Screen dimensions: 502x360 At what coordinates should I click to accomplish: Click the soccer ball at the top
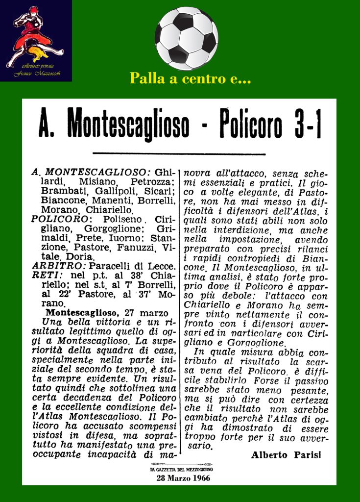tap(186, 38)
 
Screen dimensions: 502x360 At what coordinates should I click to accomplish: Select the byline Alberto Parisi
tap(286, 455)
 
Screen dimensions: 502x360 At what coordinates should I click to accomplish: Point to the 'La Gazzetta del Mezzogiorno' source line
tap(181, 470)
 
